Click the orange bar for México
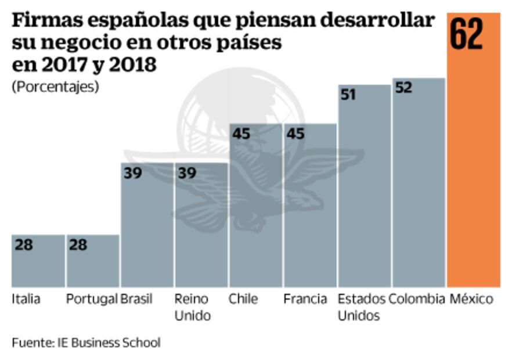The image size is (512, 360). click(x=473, y=174)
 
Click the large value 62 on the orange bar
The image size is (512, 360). click(x=466, y=34)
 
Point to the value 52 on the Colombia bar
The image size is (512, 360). click(x=403, y=88)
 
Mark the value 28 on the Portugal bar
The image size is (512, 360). click(x=77, y=244)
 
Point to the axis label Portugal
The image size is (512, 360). click(x=92, y=300)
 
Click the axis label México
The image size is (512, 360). click(x=471, y=300)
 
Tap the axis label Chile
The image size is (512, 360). click(x=243, y=300)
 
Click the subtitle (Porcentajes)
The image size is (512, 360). click(x=55, y=87)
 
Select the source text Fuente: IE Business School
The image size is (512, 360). click(x=85, y=343)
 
